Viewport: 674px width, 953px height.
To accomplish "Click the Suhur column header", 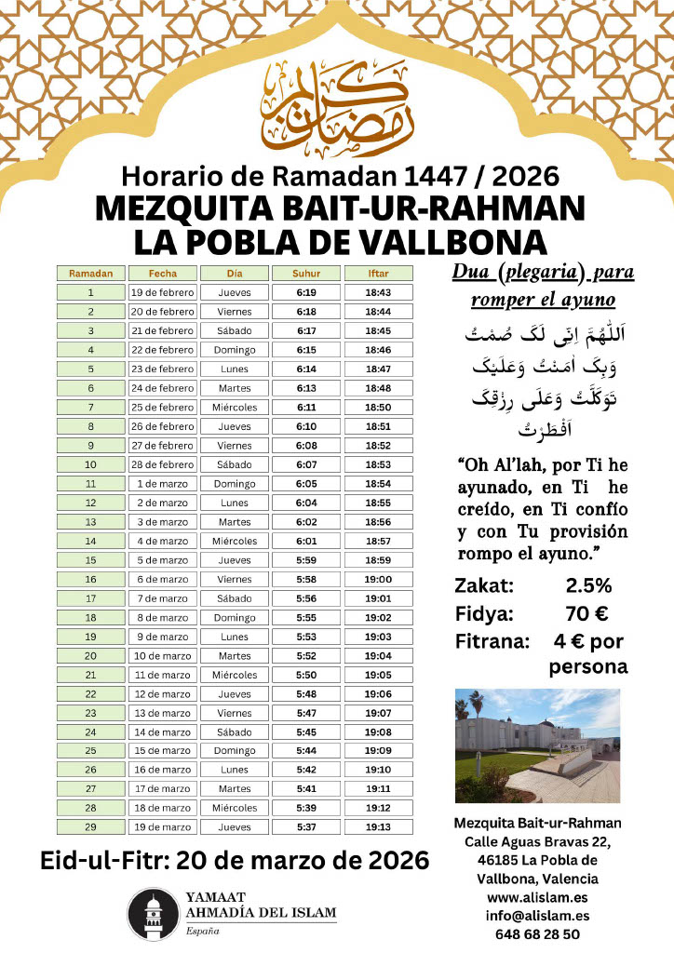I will coord(305,274).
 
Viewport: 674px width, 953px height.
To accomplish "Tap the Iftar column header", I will coord(378,274).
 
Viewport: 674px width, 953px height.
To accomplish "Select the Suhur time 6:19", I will coord(305,292).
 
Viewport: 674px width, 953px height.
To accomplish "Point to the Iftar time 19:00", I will coord(378,579).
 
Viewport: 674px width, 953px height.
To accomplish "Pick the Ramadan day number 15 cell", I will coord(90,560).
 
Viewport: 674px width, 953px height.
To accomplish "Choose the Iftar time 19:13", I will coord(378,826).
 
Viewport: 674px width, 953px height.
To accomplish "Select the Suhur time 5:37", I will coord(305,826).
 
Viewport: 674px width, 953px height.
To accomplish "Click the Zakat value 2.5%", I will coord(588,586).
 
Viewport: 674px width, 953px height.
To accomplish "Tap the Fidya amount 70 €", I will coord(588,614).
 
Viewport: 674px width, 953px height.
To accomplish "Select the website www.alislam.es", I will coord(537,898).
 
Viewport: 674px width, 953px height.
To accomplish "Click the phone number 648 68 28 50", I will coord(537,933).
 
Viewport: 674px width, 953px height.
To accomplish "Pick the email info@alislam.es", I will coord(537,916).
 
